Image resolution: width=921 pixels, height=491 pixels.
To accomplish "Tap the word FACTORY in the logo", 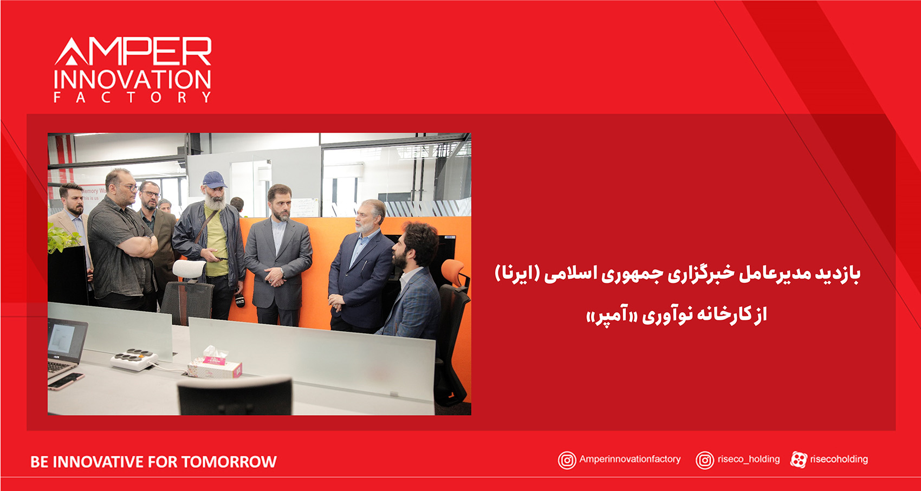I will (132, 98).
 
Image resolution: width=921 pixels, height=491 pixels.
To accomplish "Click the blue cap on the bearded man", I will (214, 179).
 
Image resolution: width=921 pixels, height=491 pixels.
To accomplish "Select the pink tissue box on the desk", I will (215, 366).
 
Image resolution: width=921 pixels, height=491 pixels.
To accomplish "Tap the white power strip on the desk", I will (134, 359).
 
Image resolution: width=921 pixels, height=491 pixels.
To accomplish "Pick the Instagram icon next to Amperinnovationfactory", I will (567, 460).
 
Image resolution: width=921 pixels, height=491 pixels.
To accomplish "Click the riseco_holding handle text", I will (749, 460).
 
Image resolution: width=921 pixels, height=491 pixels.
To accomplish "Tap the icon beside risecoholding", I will (799, 460).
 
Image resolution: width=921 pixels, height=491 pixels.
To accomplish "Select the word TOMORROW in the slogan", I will (229, 462).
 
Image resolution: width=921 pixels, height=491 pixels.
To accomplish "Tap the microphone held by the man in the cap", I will (239, 301).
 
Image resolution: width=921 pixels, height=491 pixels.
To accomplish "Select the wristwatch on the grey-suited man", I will (283, 270).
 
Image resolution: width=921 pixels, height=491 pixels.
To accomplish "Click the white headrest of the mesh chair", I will (189, 268).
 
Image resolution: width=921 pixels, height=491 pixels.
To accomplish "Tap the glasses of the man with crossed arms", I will (131, 188).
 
